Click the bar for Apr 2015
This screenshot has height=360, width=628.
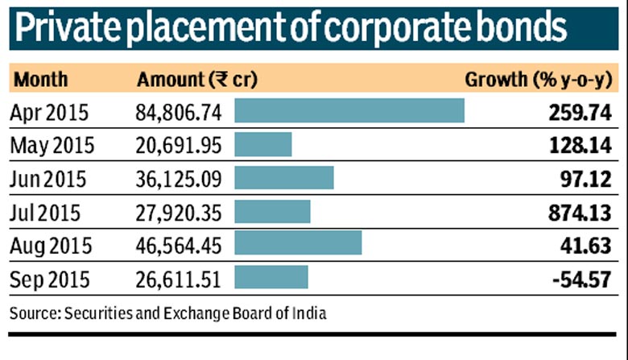click(349, 111)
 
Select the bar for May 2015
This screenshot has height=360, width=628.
click(262, 145)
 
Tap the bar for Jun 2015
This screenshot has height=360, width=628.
click(283, 178)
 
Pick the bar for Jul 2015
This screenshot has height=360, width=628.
click(272, 212)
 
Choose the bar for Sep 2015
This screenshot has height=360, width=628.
click(271, 278)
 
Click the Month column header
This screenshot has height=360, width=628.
click(41, 80)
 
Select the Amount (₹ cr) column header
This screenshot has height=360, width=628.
click(196, 80)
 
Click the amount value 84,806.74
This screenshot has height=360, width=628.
click(178, 113)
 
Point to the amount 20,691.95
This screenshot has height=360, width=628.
click(178, 146)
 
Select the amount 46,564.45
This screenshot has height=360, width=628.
click(178, 246)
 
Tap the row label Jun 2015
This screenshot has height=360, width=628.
click(50, 179)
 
